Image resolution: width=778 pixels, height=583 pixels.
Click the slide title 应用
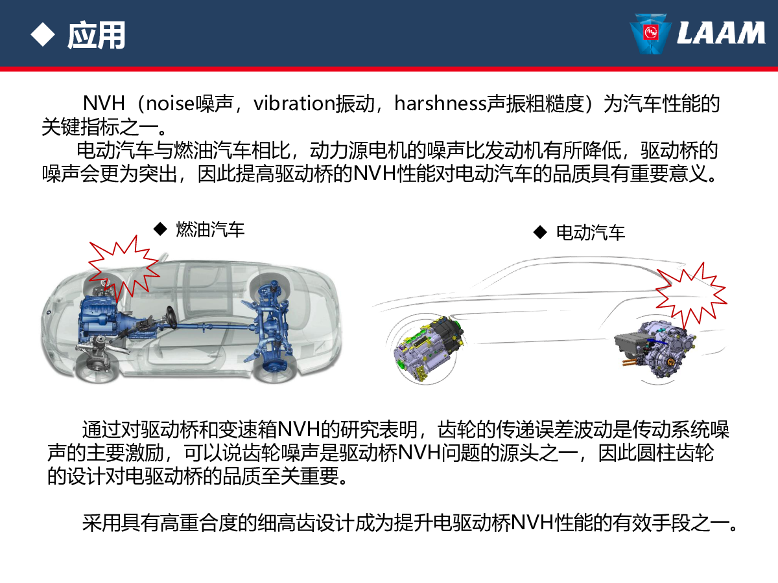pos(97,35)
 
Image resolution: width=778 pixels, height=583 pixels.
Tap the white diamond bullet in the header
pos(43,34)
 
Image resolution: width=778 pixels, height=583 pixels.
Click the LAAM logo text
pos(720,33)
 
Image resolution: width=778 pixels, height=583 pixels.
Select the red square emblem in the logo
pos(650,33)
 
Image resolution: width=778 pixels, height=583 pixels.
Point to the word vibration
pos(294,104)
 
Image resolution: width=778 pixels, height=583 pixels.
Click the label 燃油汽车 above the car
pos(210,229)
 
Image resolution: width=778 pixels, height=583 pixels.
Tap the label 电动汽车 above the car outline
pos(591,233)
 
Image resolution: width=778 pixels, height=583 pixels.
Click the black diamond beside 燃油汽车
pos(160,229)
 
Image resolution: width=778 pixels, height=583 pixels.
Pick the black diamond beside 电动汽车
pos(540,233)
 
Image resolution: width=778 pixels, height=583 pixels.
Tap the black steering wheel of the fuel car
pos(171,317)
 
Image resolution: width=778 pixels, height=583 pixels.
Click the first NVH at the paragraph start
pos(104,104)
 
